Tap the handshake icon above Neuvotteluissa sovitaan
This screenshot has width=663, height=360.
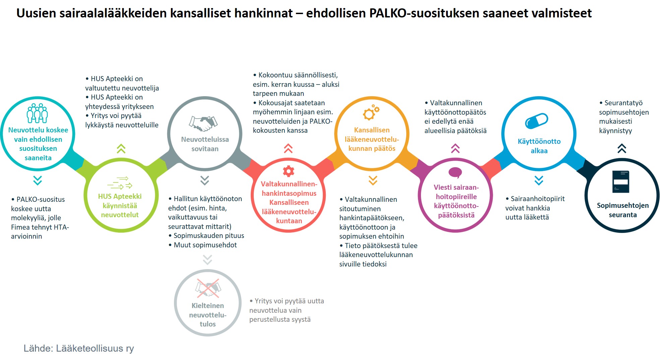203,123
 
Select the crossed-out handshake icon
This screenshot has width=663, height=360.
208,288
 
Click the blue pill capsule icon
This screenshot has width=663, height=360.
536,121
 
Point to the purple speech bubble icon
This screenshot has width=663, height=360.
455,173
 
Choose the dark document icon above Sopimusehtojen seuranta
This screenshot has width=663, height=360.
621,181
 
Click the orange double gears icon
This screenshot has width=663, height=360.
371,112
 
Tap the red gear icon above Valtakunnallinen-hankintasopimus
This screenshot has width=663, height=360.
289,171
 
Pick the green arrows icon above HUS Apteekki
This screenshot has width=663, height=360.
120,183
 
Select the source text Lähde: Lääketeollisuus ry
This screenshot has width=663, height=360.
79,348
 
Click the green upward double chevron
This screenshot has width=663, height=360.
121,148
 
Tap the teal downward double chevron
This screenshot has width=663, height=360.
38,180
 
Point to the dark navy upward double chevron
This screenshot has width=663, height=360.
622,148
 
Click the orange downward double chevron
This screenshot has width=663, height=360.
373,180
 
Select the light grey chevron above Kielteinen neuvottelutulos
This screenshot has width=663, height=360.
207,260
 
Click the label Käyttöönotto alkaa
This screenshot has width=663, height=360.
539,146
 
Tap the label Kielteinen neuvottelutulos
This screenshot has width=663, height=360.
208,315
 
